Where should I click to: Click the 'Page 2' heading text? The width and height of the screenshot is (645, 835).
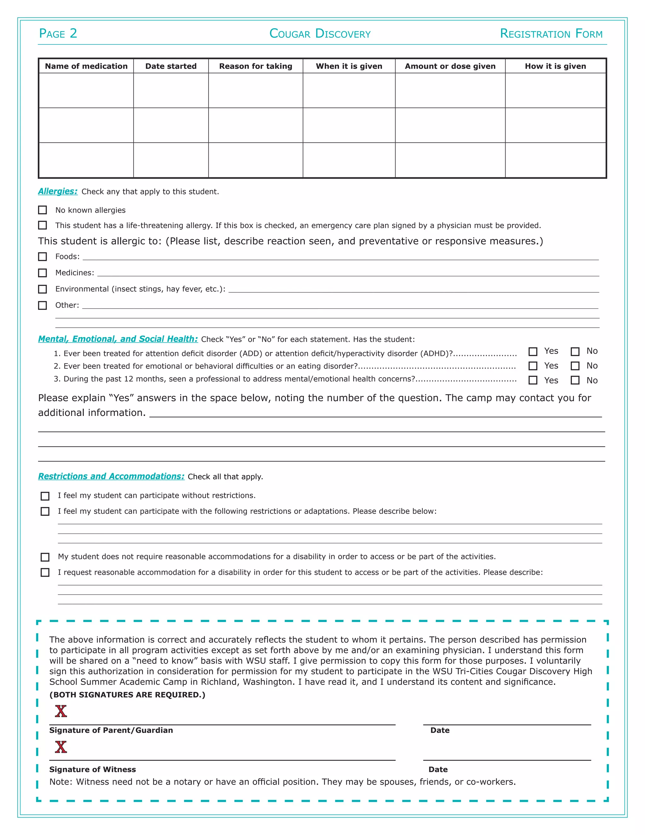point(58,34)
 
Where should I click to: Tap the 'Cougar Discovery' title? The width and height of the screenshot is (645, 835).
point(320,34)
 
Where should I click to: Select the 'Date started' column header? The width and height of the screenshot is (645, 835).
point(171,66)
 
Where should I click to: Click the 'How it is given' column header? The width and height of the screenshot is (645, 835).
point(555,66)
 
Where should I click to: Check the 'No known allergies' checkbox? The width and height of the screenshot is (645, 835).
point(43,210)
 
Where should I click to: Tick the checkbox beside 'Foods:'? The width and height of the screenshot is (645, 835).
point(43,256)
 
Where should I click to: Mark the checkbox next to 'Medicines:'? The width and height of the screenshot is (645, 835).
point(43,273)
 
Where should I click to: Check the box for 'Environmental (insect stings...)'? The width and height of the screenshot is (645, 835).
point(43,289)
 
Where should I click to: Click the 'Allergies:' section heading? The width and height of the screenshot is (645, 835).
point(58,191)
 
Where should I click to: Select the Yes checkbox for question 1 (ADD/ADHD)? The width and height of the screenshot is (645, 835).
point(533,351)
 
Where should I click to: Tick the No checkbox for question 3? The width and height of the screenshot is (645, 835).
point(575,380)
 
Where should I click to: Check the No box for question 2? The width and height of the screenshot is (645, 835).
point(575,366)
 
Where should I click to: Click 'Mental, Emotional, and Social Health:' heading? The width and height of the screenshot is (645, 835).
point(118,339)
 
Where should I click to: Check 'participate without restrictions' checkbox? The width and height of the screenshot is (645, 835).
point(45,496)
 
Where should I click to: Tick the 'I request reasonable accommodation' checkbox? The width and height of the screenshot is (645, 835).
point(45,572)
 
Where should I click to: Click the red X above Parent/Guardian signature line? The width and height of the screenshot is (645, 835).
point(61,711)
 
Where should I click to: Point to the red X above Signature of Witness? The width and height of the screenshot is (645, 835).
point(61,747)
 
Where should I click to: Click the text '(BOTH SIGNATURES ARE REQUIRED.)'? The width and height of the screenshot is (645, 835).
point(127,695)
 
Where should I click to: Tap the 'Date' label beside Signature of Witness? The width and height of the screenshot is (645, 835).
point(438,769)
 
